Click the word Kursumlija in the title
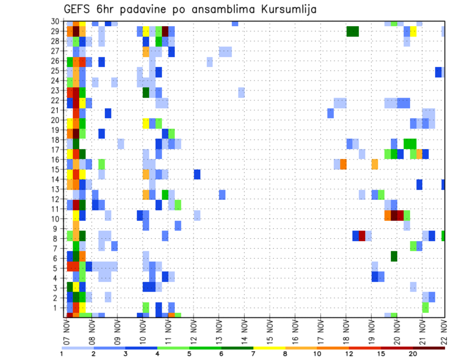pos(286,9)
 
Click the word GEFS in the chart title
pos(79,9)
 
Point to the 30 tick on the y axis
pos(56,21)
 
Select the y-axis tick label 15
pos(56,169)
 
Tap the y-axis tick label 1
pos(59,307)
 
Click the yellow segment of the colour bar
pos(269,348)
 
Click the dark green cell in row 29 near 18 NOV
pos(352,32)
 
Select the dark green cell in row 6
pos(394,256)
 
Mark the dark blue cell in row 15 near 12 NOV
pos(197,174)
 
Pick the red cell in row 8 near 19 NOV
pos(362,236)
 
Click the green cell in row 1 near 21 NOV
pos(425,307)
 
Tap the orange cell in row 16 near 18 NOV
pos(343,164)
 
